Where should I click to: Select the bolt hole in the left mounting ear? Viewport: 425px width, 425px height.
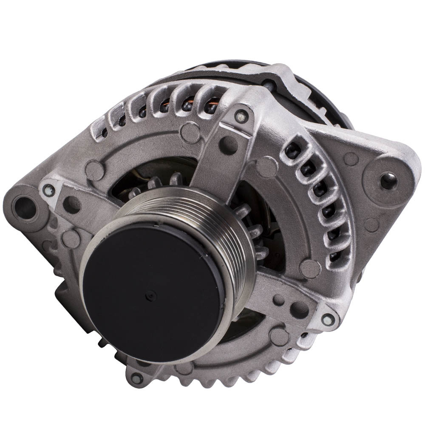coord(25,207)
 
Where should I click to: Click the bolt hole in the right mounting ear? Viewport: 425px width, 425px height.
coord(388,180)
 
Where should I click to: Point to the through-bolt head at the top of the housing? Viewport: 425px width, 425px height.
coord(241,114)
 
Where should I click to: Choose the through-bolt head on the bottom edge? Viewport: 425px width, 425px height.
coord(136,378)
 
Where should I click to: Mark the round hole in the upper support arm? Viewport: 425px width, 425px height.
coord(230,144)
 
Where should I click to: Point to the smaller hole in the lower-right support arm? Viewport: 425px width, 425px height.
coord(278,300)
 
